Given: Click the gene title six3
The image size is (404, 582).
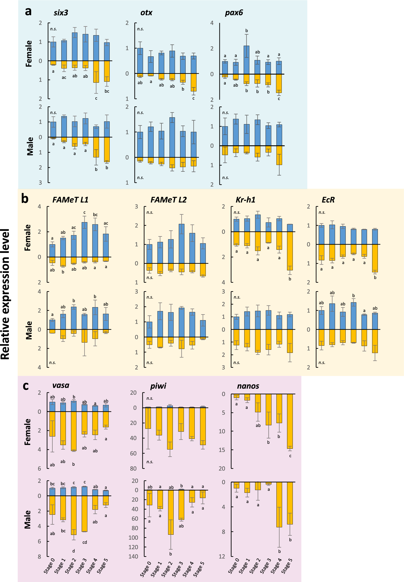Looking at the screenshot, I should pos(61,13).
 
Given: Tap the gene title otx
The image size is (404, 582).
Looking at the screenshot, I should pos(146,13).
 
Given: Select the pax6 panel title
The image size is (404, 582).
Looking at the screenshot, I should pos(234,13).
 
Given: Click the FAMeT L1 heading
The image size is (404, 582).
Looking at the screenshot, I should pos(70,200).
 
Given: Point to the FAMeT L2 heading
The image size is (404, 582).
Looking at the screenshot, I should pos(168,200).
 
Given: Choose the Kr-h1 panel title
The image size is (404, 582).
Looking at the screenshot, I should pos(245,200).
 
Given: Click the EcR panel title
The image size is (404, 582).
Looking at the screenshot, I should pos(328,200).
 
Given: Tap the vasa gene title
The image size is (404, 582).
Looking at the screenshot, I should pos(61,385).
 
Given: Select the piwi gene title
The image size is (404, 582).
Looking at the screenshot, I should pos(158,386).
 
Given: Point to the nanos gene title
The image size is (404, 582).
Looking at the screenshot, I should pos(248,386).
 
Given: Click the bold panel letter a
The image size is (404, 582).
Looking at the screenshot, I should pos(28,11).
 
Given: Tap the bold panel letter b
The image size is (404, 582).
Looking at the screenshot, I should pos(25,199).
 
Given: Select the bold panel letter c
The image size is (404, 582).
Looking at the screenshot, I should pos(26,386).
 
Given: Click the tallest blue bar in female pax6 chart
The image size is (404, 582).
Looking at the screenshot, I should pos(246,60).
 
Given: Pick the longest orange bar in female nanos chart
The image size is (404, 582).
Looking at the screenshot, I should pos(290,421).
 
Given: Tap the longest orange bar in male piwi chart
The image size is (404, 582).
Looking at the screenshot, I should pos(171,512).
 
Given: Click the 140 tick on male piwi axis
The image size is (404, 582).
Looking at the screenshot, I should pos(134,557).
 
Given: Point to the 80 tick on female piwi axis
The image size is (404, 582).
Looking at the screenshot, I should pos(134,469).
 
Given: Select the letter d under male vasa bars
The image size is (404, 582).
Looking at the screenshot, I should pos(74,551).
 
